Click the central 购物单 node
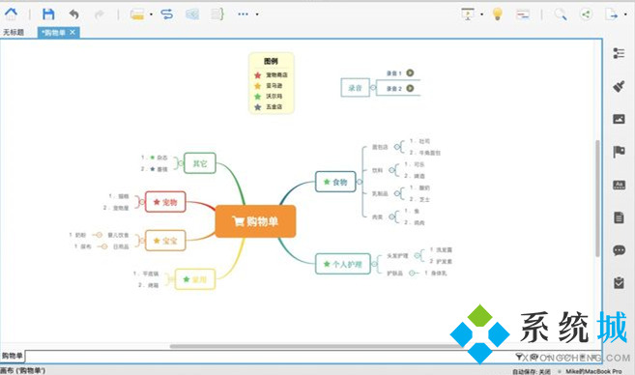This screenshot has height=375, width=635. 253,221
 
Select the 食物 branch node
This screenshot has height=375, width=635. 335,181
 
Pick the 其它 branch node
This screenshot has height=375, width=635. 198,162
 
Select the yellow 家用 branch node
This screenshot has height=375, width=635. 194,280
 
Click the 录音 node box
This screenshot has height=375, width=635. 354,87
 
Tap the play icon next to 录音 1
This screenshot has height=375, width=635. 410,72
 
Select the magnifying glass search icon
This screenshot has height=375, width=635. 560,14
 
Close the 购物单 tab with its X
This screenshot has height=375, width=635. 72,33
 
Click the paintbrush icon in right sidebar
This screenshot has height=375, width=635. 620,86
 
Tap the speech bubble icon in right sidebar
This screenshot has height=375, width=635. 620,250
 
